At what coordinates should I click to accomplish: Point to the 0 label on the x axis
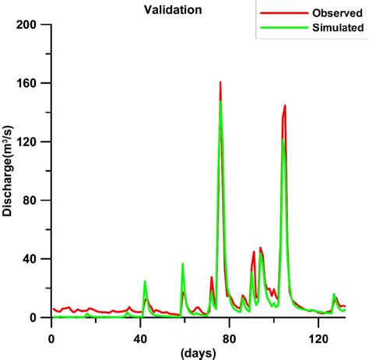(51, 338)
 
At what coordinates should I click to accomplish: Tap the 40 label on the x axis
(139, 338)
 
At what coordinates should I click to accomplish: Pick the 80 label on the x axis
(228, 338)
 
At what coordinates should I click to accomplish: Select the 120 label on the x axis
(316, 338)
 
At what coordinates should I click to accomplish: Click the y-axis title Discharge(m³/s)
(9, 171)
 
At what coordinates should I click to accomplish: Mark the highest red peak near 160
(220, 82)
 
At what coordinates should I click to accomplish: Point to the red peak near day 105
(285, 106)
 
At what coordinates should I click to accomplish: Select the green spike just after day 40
(145, 281)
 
